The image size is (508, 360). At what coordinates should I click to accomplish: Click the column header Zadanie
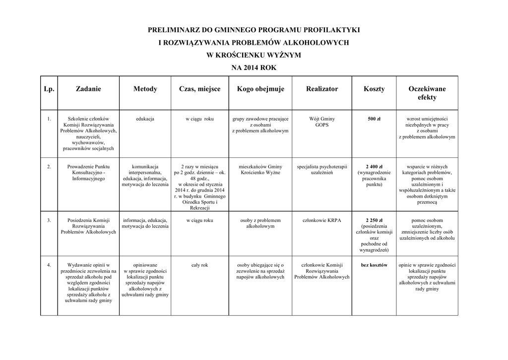coord(88,89)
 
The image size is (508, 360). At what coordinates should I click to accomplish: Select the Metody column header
coord(145,89)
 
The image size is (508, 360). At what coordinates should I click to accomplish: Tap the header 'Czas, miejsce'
coord(199,89)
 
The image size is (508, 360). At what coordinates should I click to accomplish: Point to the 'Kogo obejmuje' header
coord(260,89)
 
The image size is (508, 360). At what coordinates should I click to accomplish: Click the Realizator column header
coord(322,89)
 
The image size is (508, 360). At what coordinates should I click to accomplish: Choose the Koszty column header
coord(374,89)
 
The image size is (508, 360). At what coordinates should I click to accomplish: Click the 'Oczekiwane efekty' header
coord(427,93)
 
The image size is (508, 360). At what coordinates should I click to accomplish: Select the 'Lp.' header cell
coord(49,89)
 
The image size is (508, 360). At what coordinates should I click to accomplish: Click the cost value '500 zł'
coord(374,119)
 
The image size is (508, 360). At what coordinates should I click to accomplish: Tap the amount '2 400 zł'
coord(374,166)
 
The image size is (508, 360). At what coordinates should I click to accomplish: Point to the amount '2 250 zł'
coord(374,220)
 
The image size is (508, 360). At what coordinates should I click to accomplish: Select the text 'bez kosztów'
coord(374,265)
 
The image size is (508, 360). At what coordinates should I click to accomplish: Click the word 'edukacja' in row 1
coord(145,119)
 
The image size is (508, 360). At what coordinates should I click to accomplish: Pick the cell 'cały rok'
coord(199,265)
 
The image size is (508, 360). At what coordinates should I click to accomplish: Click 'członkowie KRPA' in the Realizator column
coord(322,220)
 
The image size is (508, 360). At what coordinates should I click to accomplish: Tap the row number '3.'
coord(49,220)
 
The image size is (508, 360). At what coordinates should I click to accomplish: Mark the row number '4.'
coord(49,265)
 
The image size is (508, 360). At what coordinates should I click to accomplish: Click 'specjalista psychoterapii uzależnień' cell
coord(322,169)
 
